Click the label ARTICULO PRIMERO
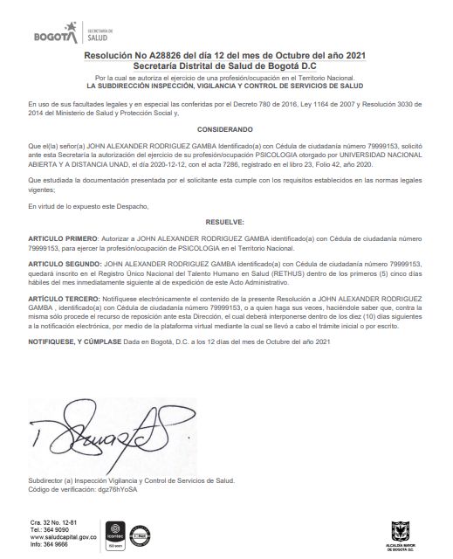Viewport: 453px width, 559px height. tap(65, 238)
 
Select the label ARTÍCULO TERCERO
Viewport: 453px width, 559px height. tap(65, 299)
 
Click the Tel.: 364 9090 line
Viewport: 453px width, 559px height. tap(49, 529)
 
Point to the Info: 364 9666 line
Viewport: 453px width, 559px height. tap(50, 544)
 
